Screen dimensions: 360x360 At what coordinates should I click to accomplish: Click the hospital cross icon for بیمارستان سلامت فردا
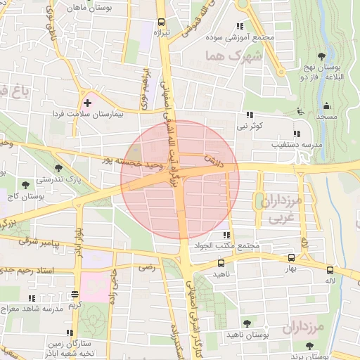(87, 103)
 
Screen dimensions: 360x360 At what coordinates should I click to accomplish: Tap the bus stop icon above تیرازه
(162, 22)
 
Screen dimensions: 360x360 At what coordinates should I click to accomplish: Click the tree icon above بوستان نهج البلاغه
(321, 56)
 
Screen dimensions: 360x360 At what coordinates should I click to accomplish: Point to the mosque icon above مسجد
(326, 106)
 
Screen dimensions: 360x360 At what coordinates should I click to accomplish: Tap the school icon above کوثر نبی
(249, 115)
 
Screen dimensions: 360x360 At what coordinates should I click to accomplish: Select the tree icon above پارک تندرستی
(58, 168)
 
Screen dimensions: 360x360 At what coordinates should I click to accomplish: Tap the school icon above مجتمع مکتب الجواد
(226, 236)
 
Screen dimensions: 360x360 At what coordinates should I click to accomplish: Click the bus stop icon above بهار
(291, 258)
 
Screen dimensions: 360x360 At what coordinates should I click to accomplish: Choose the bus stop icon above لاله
(330, 269)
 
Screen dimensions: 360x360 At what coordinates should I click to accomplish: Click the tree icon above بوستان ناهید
(247, 323)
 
